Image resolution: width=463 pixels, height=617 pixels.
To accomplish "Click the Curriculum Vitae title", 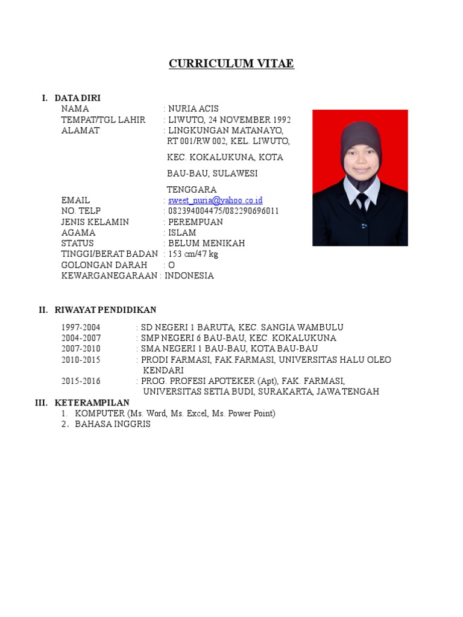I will pos(231,64).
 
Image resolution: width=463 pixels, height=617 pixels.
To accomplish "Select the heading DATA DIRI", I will pos(78,98).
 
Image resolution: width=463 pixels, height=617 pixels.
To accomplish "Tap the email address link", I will pos(215,200).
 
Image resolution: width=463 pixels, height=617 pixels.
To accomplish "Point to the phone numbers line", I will pos(223,211).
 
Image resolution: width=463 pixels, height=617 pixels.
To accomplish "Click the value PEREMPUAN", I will pos(195,222).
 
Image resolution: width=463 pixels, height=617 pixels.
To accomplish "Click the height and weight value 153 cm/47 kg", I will pos(193,254).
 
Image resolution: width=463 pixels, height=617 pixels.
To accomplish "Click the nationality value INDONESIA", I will pos(189,276).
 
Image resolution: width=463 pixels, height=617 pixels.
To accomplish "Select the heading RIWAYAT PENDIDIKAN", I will pos(106,310).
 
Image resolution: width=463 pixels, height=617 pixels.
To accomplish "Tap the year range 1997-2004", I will pos(81,327).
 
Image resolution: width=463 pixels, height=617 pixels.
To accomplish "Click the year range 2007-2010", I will pos(81,349).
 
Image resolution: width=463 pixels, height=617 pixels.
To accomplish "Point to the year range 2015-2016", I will pos(81,381).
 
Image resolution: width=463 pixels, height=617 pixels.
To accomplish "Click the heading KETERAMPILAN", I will pos(92,402).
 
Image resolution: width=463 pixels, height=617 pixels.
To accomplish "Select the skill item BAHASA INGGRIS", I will pos(113,424).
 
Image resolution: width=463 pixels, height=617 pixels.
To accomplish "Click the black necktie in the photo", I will pos(362,202).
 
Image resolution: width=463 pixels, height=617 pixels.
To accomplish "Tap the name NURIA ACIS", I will pos(193,108).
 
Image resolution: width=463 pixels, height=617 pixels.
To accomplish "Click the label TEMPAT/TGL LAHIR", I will pos(103,119).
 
